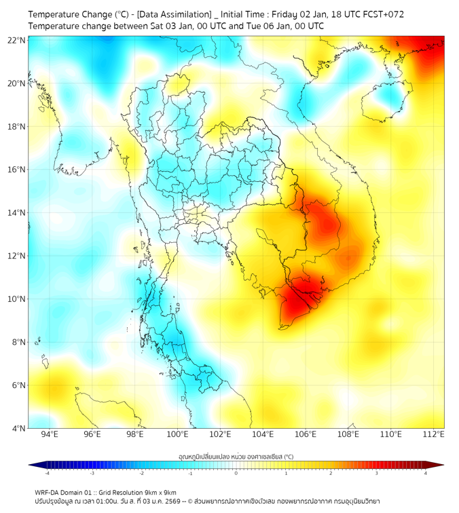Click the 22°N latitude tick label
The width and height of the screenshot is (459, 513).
pos(17,40)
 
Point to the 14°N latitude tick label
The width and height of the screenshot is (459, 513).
pos(17,212)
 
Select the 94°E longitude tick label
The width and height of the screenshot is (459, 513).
pos(50,435)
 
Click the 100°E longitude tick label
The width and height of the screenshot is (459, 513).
pos(177,435)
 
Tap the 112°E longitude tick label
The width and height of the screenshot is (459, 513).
pos(434,435)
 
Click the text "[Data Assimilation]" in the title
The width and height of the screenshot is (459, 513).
pos(174,14)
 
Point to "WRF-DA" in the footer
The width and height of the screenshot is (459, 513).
pos(48,492)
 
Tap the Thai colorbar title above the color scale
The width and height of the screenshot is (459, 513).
pos(236,457)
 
